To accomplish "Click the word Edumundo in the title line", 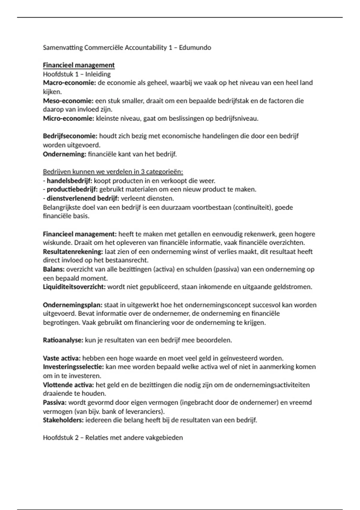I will tap(195, 47).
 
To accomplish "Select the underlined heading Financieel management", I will tap(79, 65).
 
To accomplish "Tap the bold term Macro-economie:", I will tap(69, 83).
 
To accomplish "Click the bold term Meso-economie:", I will tap(68, 101).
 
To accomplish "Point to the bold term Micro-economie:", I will tap(68, 118).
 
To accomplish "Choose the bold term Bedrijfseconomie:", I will tap(70, 136).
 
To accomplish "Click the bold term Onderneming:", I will tap(64, 154).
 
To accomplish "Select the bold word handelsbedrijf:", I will tap(69, 181).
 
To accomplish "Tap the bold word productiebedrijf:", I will tap(72, 190).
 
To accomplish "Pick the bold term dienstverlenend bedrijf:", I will tap(83, 199).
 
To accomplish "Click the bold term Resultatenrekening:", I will tap(73, 252).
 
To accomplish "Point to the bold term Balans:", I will tap(54, 269).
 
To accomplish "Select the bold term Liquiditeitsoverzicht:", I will tap(74, 287).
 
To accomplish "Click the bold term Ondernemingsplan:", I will tap(73, 305).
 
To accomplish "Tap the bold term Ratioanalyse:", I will tap(63, 340).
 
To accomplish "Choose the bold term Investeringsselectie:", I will tap(73, 367).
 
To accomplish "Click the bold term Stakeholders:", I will tap(63, 420).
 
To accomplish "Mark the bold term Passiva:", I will tap(55, 403).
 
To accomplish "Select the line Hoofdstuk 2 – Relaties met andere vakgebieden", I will tap(113, 438).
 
